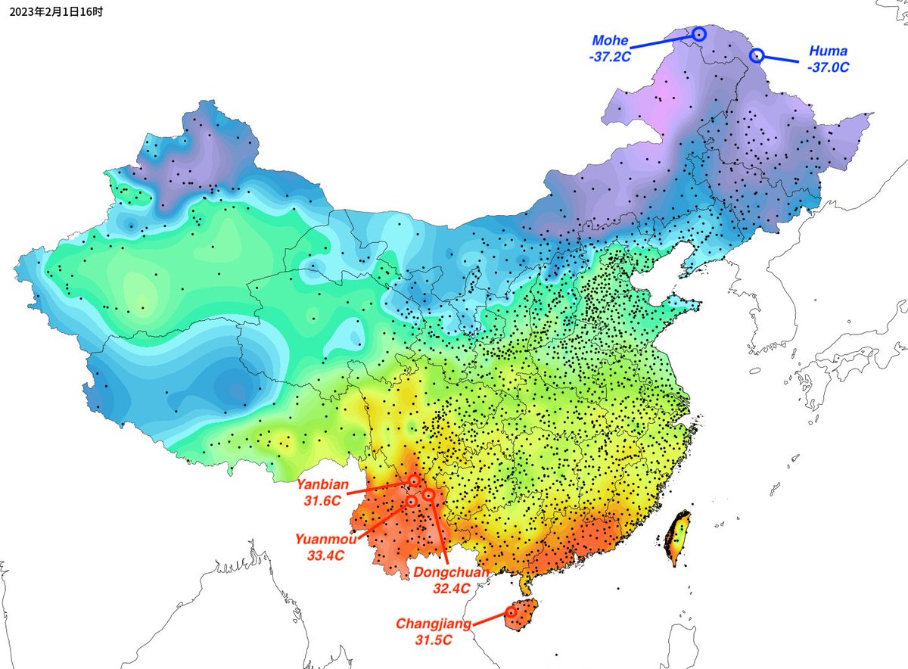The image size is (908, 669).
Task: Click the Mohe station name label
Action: pyautogui.click(x=611, y=40)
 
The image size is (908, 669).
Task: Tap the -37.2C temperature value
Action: pyautogui.click(x=611, y=55)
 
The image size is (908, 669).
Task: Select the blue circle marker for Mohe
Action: pyautogui.click(x=698, y=33)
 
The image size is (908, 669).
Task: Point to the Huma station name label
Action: pyautogui.click(x=828, y=51)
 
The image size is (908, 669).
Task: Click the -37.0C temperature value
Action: pyautogui.click(x=828, y=67)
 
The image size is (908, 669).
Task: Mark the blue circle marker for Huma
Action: pyautogui.click(x=757, y=54)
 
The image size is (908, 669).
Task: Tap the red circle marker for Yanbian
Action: pyautogui.click(x=414, y=480)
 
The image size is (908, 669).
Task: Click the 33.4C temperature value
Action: pyautogui.click(x=325, y=555)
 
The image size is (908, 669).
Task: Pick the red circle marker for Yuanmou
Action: pyautogui.click(x=411, y=500)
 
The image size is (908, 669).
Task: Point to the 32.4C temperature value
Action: pyautogui.click(x=452, y=587)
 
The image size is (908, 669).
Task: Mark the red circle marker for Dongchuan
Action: pyautogui.click(x=428, y=494)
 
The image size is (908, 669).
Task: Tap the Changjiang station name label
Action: pyautogui.click(x=434, y=624)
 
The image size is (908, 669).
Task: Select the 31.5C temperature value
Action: pyautogui.click(x=434, y=639)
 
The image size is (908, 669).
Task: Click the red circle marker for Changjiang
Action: pyautogui.click(x=510, y=611)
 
